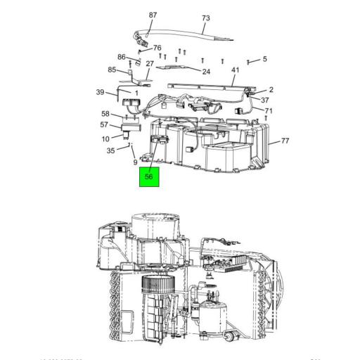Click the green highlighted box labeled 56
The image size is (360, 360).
[x=148, y=177]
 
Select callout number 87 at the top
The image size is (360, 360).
[x=153, y=15]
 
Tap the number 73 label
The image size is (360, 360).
[x=206, y=18]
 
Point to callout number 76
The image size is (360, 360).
[x=157, y=48]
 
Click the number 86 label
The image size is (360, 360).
[x=122, y=57]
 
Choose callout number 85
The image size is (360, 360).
[x=112, y=70]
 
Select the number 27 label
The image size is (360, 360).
[x=149, y=63]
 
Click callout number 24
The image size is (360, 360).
[x=206, y=71]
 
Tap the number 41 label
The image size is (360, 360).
[x=236, y=70]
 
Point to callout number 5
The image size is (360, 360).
[x=264, y=59]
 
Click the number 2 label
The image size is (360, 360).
[x=271, y=89]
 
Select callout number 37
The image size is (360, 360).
[x=266, y=100]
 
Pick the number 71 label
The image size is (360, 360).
[x=269, y=111]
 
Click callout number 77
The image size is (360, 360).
[x=285, y=141]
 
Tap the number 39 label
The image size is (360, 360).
[x=100, y=92]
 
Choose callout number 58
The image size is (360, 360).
[x=105, y=113]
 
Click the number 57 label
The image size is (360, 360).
[x=105, y=124]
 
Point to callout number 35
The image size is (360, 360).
[x=110, y=150]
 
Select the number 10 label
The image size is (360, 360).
[x=105, y=139]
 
